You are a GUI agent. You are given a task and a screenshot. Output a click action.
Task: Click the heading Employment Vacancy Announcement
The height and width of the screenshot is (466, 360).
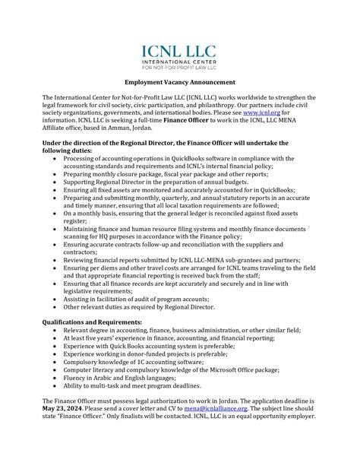(180, 81)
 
